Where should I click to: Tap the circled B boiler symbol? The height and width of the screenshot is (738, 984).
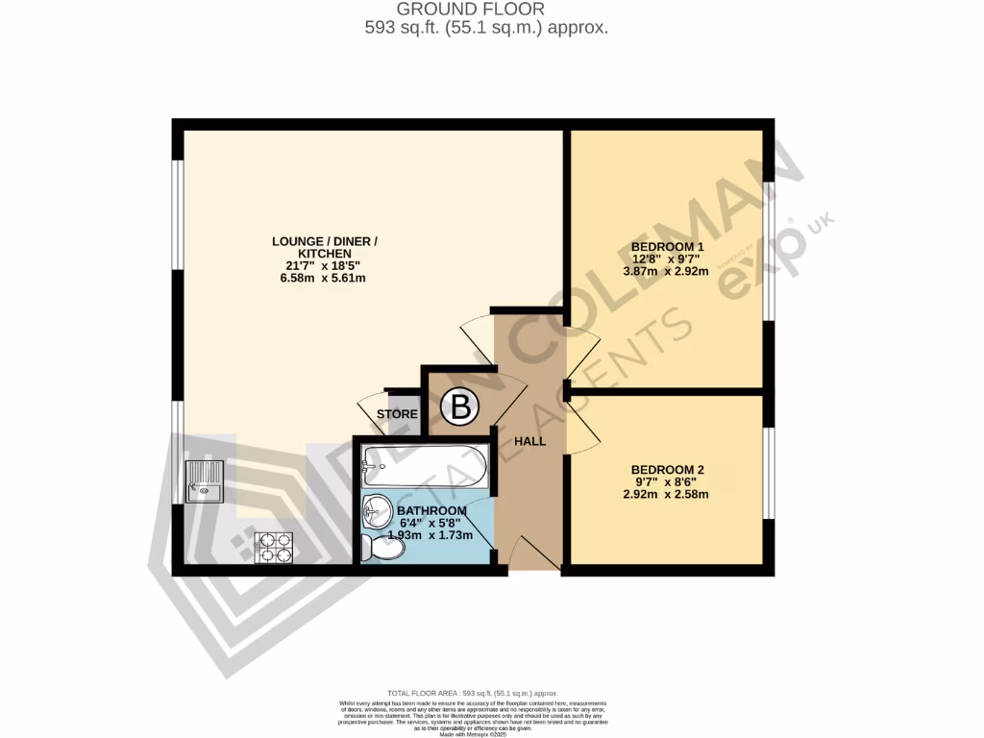pos(459,408)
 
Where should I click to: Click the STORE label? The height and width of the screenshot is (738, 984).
pos(397,415)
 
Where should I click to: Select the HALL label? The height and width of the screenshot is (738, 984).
pos(529,442)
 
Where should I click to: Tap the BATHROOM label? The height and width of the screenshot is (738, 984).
pos(431,510)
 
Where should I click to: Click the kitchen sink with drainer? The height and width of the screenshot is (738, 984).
pos(204,481)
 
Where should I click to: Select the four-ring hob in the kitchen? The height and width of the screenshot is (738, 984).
pos(274,547)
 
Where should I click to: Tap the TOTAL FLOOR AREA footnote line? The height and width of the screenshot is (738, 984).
pos(472,693)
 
